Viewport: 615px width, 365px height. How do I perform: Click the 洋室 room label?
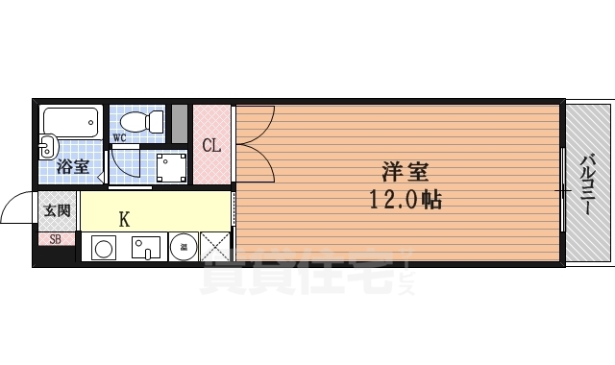tap(405, 173)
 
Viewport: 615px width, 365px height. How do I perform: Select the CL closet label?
tap(211, 146)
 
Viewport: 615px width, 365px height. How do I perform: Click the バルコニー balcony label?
tap(587, 182)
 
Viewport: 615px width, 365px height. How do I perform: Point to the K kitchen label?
tap(125, 219)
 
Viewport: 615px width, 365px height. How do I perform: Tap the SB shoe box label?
tap(55, 238)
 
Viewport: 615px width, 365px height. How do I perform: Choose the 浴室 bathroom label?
tap(72, 166)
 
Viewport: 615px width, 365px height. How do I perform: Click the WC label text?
tap(120, 137)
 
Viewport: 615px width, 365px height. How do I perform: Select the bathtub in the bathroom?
tap(71, 123)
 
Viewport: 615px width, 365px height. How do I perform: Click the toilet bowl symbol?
tap(140, 121)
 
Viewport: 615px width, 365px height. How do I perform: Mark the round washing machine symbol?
tap(183, 248)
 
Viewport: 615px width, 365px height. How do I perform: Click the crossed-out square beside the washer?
tap(215, 248)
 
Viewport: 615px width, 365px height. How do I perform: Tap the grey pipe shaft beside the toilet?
tap(180, 121)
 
